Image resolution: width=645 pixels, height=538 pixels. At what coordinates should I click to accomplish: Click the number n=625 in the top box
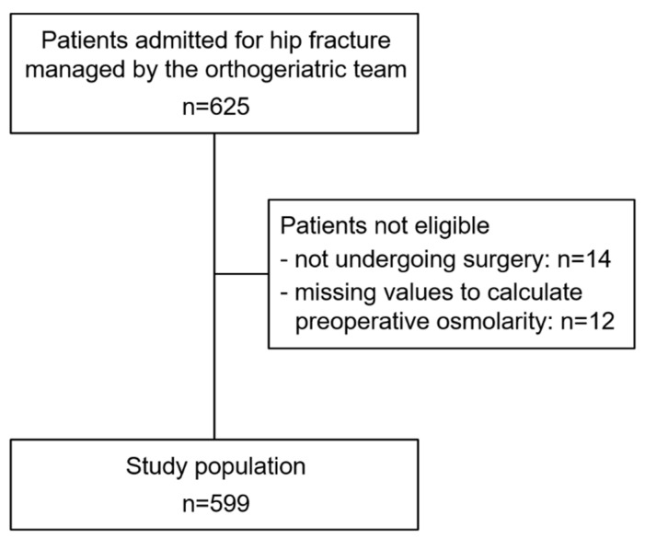coord(216,107)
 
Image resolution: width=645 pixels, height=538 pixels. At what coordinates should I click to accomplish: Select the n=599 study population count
coord(216,503)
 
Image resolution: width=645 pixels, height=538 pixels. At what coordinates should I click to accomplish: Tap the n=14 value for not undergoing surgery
coord(583,259)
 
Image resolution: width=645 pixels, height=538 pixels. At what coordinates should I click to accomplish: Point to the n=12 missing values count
coord(587,321)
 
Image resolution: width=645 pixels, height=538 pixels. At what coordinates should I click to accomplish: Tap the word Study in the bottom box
coord(156,467)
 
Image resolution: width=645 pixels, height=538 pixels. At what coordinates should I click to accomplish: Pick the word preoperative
coord(363,322)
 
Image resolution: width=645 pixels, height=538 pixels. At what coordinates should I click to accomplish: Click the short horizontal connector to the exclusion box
coord(241,274)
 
